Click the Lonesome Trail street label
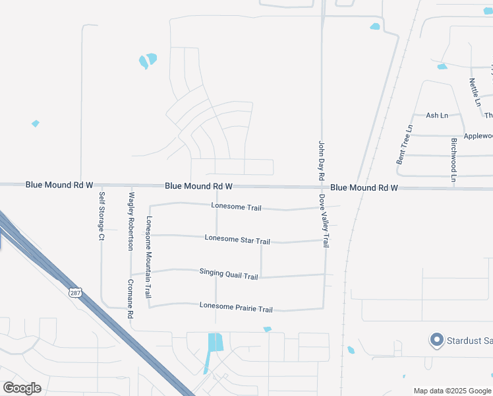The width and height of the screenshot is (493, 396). pyautogui.click(x=236, y=207)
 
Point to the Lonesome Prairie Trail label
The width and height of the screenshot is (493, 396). pyautogui.click(x=236, y=308)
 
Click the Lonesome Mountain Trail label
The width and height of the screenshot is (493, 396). pyautogui.click(x=149, y=257)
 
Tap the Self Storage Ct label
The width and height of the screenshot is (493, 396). pyautogui.click(x=102, y=215)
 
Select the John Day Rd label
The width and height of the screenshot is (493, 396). pyautogui.click(x=322, y=160)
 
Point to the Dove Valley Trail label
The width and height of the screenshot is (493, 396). pyautogui.click(x=324, y=220)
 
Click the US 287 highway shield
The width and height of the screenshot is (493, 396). pyautogui.click(x=75, y=292)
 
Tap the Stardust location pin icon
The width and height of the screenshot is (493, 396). pyautogui.click(x=436, y=340)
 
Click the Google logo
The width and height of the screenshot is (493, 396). pyautogui.click(x=22, y=388)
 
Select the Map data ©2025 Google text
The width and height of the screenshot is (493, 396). pyautogui.click(x=452, y=391)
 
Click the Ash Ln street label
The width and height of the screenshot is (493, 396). pyautogui.click(x=436, y=115)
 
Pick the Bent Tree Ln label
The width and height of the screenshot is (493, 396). pyautogui.click(x=404, y=145)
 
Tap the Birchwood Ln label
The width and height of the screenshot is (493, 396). pyautogui.click(x=453, y=160)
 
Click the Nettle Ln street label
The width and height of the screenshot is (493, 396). pyautogui.click(x=474, y=92)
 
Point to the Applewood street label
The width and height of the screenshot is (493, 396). pyautogui.click(x=478, y=136)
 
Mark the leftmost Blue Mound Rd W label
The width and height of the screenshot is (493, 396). pyautogui.click(x=59, y=185)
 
